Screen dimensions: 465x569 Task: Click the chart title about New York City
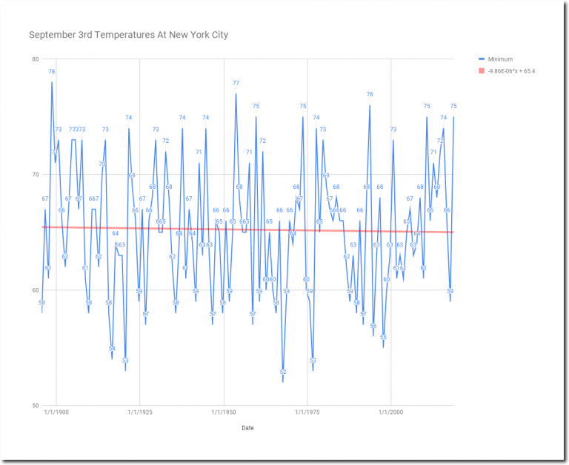coord(128,35)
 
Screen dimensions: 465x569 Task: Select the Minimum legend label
coord(500,59)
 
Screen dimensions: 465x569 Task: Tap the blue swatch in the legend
coord(482,59)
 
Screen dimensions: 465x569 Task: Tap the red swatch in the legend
coord(482,71)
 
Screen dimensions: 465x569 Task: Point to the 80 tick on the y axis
coord(35,59)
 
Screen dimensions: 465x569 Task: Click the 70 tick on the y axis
coord(35,175)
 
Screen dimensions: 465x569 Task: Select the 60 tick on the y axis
coord(35,290)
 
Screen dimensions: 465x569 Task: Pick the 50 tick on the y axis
coord(35,406)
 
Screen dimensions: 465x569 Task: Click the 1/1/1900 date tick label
coord(56,412)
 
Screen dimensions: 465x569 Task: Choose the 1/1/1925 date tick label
coord(140,412)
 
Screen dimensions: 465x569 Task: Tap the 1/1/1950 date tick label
coord(224,412)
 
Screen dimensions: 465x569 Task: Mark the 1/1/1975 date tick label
coord(307,412)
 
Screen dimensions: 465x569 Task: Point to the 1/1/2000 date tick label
coord(391,412)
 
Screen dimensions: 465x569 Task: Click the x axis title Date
coord(248,427)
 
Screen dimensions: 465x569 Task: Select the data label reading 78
coord(52,72)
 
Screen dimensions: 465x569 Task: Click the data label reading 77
coord(236,83)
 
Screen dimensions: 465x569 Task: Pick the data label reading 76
coord(370,95)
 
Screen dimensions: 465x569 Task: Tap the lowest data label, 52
coord(283,372)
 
